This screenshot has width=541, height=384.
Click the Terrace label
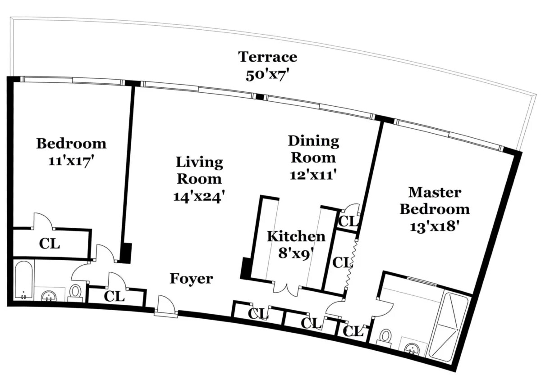click(268, 57)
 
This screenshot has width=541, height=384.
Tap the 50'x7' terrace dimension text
click(267, 76)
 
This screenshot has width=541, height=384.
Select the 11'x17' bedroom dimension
click(71, 161)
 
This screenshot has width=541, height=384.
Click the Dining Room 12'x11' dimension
click(313, 175)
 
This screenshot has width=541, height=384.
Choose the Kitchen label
click(296, 237)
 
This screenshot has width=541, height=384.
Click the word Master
click(435, 193)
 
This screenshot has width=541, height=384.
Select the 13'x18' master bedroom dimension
click(434, 227)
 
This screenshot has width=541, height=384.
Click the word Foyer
click(191, 279)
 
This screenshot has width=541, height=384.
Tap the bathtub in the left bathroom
click(23, 280)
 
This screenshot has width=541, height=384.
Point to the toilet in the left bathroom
click(75, 293)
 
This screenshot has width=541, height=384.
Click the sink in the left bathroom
click(49, 296)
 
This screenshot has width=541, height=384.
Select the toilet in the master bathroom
click(385, 339)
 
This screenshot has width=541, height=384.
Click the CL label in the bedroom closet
click(49, 244)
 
